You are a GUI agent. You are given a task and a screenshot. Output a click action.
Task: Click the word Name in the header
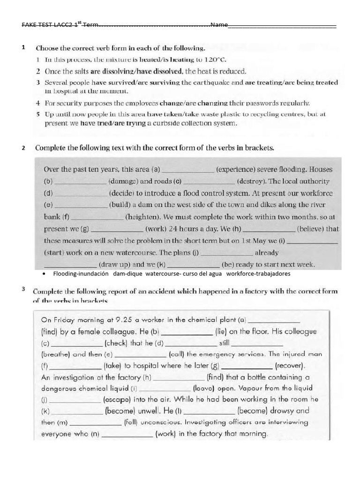tap(219, 25)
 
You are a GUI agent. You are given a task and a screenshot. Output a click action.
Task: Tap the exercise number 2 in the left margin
tap(23, 148)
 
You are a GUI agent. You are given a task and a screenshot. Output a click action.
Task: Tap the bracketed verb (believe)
tap(317, 229)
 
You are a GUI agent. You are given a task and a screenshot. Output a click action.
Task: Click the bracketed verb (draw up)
tap(117, 264)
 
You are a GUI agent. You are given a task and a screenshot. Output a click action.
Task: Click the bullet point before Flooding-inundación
tap(43, 273)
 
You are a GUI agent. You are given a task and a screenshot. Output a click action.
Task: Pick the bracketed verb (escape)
tap(118, 400)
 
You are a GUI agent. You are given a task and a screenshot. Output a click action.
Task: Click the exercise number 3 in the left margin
tap(22, 288)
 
